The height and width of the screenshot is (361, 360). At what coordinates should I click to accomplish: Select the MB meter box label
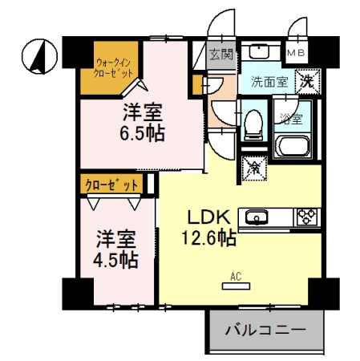click(x=296, y=52)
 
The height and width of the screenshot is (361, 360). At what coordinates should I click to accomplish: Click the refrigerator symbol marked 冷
click(x=253, y=168)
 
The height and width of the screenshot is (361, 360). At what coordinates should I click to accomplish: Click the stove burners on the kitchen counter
click(x=307, y=215)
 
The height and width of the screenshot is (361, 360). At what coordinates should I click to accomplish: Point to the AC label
click(x=236, y=278)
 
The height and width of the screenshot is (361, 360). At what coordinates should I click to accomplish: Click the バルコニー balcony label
click(x=265, y=330)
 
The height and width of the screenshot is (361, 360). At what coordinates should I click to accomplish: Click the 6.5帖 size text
click(x=144, y=132)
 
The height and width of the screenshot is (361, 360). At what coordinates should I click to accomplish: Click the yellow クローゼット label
click(x=111, y=185)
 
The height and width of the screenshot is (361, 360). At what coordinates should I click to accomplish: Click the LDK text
click(x=210, y=216)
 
